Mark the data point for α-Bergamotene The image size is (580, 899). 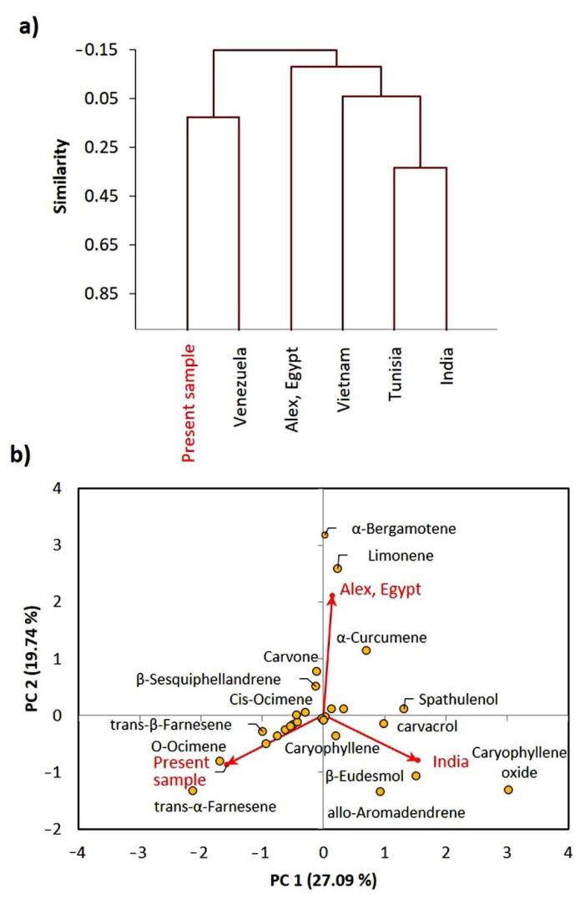coord(325,535)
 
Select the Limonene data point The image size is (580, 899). coord(338,569)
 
